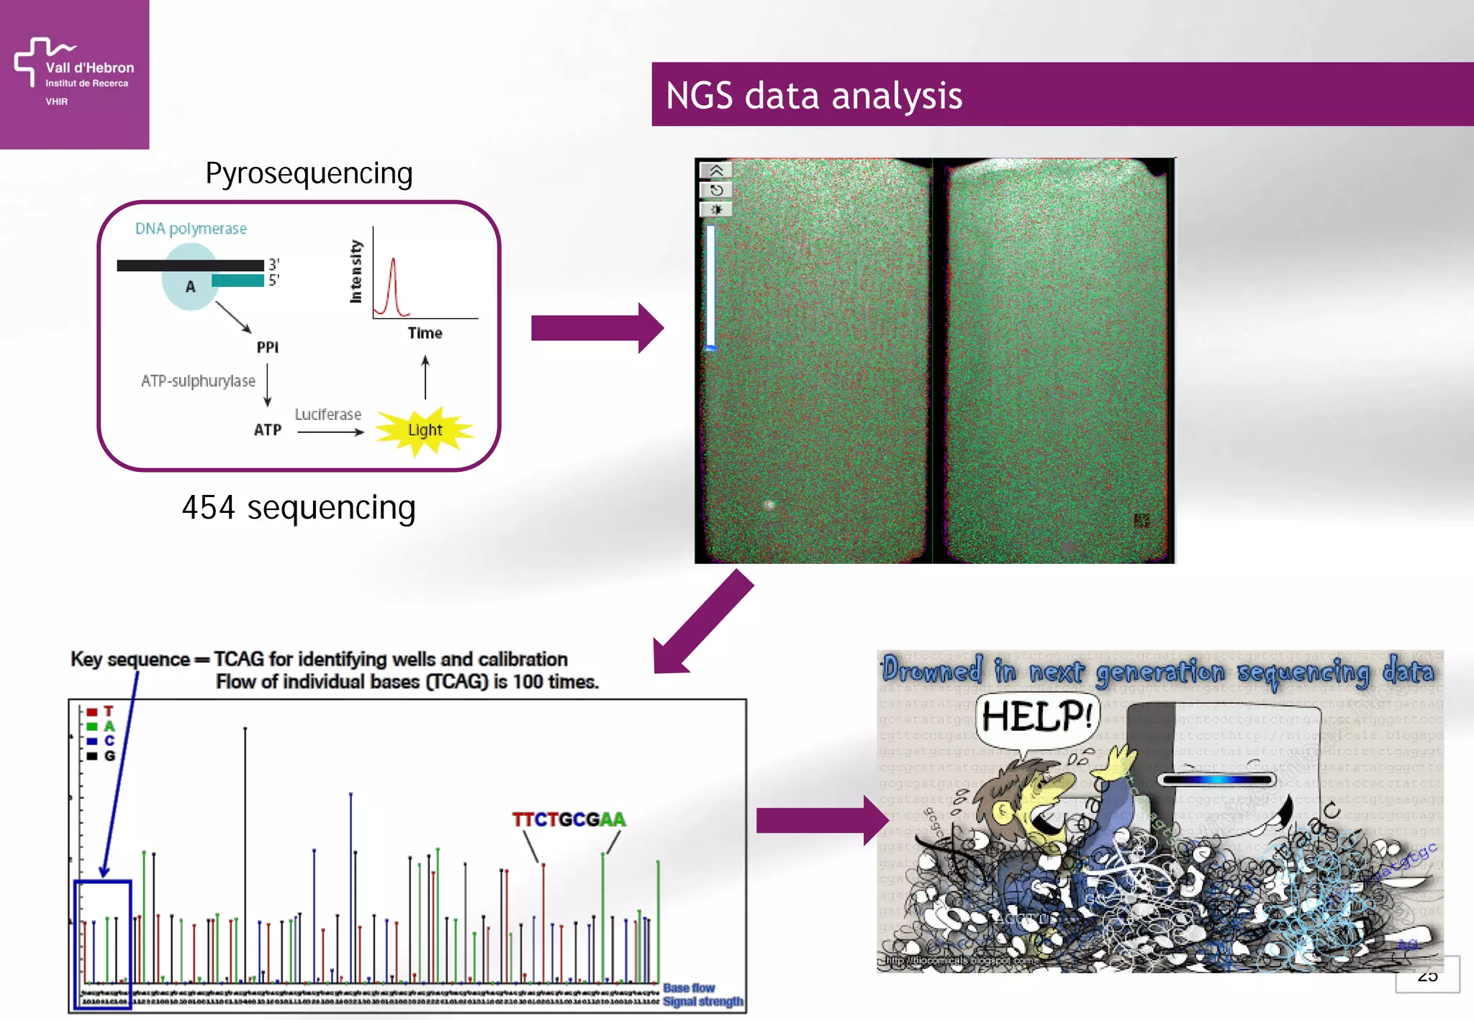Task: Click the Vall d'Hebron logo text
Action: point(89,68)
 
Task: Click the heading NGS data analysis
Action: point(813,96)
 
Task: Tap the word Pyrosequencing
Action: point(309,173)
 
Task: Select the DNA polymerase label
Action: point(191,229)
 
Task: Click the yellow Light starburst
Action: point(425,430)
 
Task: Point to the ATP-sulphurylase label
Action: point(198,381)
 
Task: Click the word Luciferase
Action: point(327,414)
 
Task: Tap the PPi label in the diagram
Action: point(267,347)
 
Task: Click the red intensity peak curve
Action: point(392,288)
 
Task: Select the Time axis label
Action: point(425,333)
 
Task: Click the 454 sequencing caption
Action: point(299,508)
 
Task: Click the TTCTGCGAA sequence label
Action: point(569,819)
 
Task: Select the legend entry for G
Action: point(101,756)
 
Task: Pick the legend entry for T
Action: point(101,711)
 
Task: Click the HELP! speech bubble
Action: point(1036,716)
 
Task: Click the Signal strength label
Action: point(702,1001)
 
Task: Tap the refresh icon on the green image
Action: point(716,191)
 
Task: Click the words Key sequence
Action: point(130,659)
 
